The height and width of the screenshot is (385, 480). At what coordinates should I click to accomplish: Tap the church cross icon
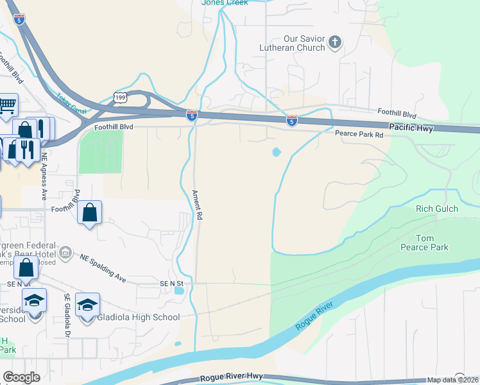334,43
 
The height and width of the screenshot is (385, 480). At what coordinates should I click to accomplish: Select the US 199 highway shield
120,97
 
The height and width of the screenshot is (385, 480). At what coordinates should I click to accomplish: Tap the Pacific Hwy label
411,128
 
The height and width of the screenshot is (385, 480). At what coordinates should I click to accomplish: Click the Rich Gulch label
437,209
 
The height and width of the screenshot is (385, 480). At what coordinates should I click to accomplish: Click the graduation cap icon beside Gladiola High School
87,304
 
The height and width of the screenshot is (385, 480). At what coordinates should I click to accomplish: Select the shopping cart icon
7,105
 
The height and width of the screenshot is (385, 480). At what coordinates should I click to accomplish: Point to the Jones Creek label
225,3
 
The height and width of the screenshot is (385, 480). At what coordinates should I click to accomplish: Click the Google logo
22,377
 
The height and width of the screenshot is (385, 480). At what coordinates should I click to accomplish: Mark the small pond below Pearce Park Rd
277,153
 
